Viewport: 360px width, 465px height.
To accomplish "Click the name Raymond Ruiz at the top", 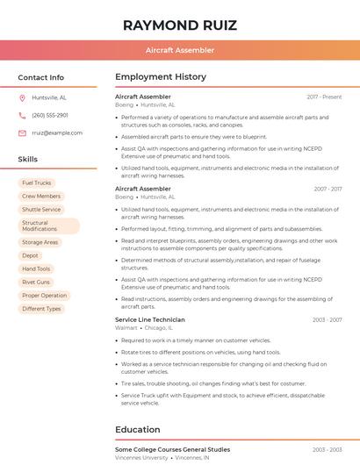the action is coord(179,24).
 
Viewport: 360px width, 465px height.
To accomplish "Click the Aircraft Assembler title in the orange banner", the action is coord(179,50).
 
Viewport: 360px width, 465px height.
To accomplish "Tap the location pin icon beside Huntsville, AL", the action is coord(22,97).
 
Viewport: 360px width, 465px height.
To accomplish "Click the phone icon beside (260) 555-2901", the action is coord(22,115).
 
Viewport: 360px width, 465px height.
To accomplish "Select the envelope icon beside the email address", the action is coord(22,132).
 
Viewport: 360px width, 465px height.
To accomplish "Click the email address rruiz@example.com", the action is coord(57,132).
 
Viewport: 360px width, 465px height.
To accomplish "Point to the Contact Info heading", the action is coord(40,77).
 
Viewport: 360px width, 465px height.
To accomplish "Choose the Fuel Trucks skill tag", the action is coord(37,182).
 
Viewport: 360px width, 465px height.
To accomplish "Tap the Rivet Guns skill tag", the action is coord(36,282).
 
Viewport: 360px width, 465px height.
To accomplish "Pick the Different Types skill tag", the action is coord(41,308).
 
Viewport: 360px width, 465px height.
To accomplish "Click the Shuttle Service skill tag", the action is coord(41,210).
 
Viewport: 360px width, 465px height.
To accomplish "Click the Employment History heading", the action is coord(160,77).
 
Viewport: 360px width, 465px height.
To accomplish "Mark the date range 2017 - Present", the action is coord(324,97).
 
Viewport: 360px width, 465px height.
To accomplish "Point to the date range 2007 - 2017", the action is coord(327,189).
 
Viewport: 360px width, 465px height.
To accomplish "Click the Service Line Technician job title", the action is coord(150,320).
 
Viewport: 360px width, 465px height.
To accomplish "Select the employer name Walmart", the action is coord(126,328).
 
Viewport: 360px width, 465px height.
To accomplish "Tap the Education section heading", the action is coord(139,429).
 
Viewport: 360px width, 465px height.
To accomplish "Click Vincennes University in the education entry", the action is coord(141,457).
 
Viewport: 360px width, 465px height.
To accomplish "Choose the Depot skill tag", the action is coord(31,255).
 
